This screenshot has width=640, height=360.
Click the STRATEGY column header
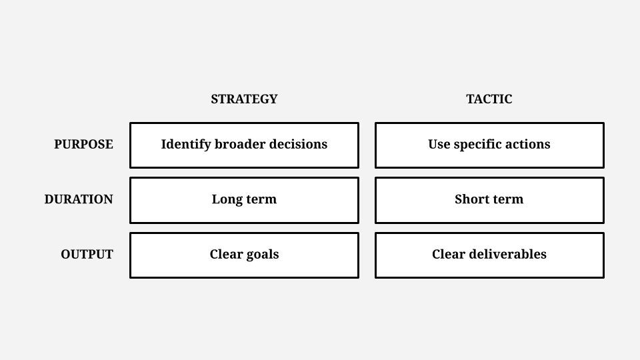point(244,99)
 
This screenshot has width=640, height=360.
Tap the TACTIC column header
point(489,99)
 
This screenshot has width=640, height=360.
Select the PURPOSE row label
point(84,145)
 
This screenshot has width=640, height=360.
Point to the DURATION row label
point(79,199)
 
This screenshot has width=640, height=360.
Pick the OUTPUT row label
point(87,255)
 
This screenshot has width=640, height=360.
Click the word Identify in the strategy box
point(186,145)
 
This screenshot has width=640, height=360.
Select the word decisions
point(299,144)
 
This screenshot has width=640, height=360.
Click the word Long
point(226,200)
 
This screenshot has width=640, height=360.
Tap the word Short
point(471,199)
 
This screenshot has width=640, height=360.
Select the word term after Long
point(260,199)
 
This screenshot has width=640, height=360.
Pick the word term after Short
point(507,199)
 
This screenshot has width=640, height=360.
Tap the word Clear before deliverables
point(449,254)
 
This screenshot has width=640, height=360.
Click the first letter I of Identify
point(164,145)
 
